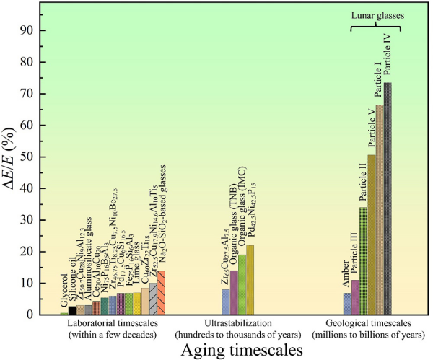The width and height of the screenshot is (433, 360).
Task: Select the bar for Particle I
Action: tap(380, 209)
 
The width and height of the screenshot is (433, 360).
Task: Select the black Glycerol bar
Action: tap(72, 311)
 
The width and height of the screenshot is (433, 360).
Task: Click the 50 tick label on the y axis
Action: tap(47, 157)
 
